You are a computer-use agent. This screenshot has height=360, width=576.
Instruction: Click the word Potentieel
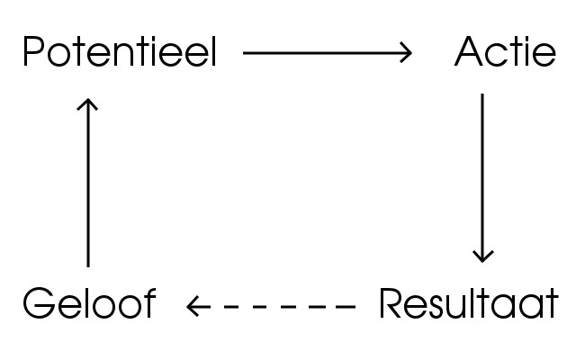tap(120, 51)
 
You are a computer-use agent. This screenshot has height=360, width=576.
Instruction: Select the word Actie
tap(506, 51)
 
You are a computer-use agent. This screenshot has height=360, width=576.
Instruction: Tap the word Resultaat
tap(469, 302)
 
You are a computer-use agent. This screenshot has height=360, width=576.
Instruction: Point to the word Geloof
tap(90, 302)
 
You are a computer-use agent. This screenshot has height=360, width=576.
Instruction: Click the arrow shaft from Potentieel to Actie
tap(327, 53)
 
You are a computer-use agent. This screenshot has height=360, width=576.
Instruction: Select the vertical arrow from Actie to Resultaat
tap(482, 178)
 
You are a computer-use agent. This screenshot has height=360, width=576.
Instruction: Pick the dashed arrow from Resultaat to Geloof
tap(271, 306)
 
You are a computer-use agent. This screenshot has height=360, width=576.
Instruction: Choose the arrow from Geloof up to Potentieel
tap(88, 183)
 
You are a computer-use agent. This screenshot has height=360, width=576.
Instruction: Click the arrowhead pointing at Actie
tap(406, 53)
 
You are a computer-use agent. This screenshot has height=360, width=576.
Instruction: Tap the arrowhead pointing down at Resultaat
tap(482, 256)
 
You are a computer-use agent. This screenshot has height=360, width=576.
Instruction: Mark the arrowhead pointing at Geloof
tap(193, 306)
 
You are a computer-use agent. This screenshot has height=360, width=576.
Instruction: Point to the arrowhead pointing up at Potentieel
tap(87, 104)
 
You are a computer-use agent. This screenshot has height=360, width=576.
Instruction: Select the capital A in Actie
tap(469, 51)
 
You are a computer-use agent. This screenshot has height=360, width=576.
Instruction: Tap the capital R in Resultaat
tap(390, 303)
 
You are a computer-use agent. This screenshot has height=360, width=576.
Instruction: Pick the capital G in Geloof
tap(39, 303)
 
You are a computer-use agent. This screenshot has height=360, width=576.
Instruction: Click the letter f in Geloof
tap(150, 302)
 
